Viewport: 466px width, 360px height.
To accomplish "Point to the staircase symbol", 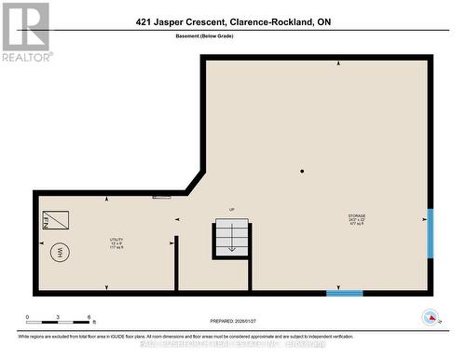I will point(232,237).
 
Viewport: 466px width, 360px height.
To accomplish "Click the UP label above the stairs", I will point(232,210).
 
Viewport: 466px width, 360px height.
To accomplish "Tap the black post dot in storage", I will point(302,172).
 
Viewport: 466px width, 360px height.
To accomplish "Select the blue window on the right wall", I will point(430,232).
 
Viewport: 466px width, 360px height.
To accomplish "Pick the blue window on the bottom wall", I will point(344,293).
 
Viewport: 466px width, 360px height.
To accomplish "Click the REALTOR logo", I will point(25,32).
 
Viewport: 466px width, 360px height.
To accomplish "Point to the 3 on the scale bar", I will point(58,318).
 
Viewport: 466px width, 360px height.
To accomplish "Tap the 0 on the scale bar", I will point(27,318).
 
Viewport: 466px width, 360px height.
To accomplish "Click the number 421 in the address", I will point(145,21).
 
